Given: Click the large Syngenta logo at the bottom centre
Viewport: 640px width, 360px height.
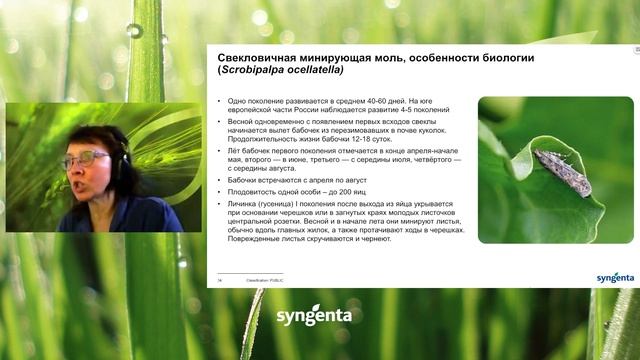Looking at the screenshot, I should coord(314,316).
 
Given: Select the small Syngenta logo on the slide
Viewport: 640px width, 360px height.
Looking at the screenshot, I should coord(615,277).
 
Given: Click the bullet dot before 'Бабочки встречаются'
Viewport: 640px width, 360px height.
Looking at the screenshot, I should coord(220,179).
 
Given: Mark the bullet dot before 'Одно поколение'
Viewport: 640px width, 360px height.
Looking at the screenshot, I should coord(220,102).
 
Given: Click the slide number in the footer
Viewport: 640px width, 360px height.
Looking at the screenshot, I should coord(219,281).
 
